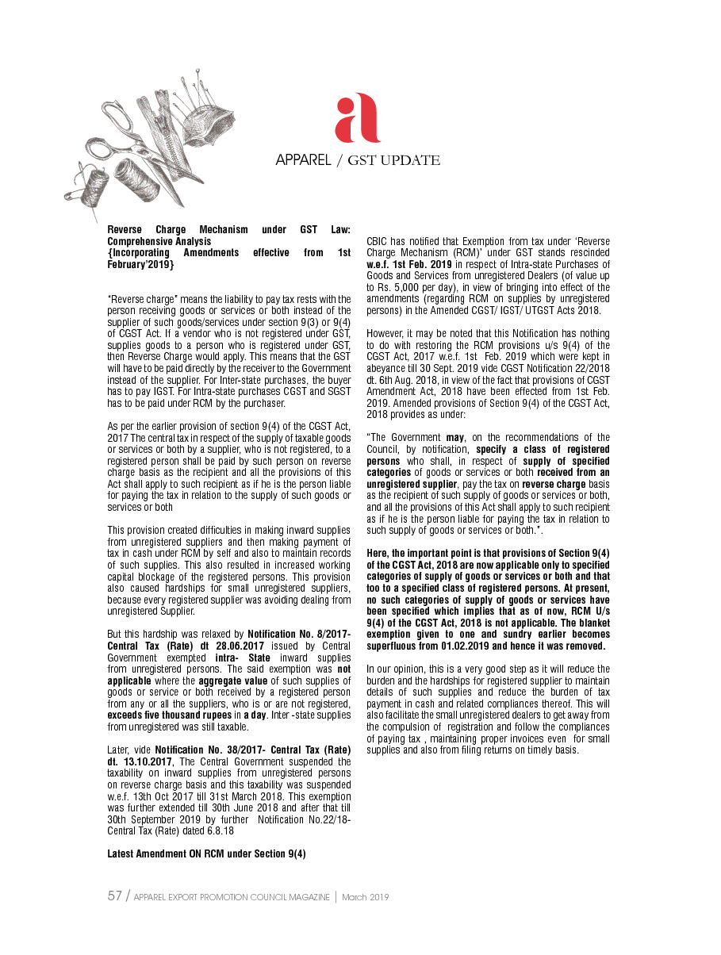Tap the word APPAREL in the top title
pyautogui.click(x=303, y=160)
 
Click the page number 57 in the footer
pyautogui.click(x=115, y=896)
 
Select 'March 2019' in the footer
pyautogui.click(x=365, y=897)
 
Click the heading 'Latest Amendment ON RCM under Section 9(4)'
pyautogui.click(x=206, y=853)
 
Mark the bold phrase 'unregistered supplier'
pyautogui.click(x=411, y=484)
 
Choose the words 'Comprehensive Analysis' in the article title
pyautogui.click(x=159, y=241)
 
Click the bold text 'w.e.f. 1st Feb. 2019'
pyautogui.click(x=408, y=263)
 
